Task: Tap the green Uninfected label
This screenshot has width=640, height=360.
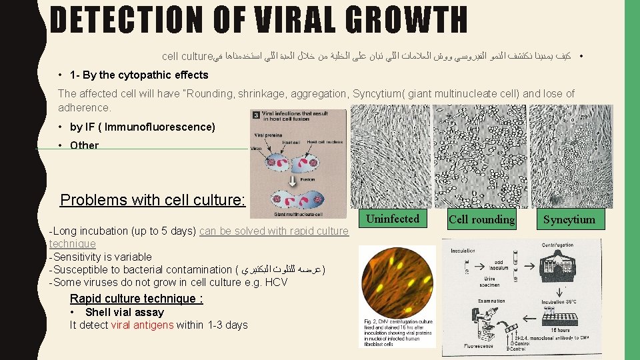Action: [393, 219]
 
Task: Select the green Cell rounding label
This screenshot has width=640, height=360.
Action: [482, 219]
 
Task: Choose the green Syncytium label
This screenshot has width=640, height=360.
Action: [569, 219]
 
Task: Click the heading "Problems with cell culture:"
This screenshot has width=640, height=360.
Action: [153, 200]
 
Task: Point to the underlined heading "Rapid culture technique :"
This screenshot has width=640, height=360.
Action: [137, 299]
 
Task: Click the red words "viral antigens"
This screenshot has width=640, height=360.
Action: [143, 325]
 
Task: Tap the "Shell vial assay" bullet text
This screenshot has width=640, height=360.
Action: [124, 312]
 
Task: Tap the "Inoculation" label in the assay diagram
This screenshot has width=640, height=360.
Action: [463, 251]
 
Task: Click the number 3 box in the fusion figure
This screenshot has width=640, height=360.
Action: [255, 116]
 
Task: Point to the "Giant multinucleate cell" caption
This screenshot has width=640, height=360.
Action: [299, 214]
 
